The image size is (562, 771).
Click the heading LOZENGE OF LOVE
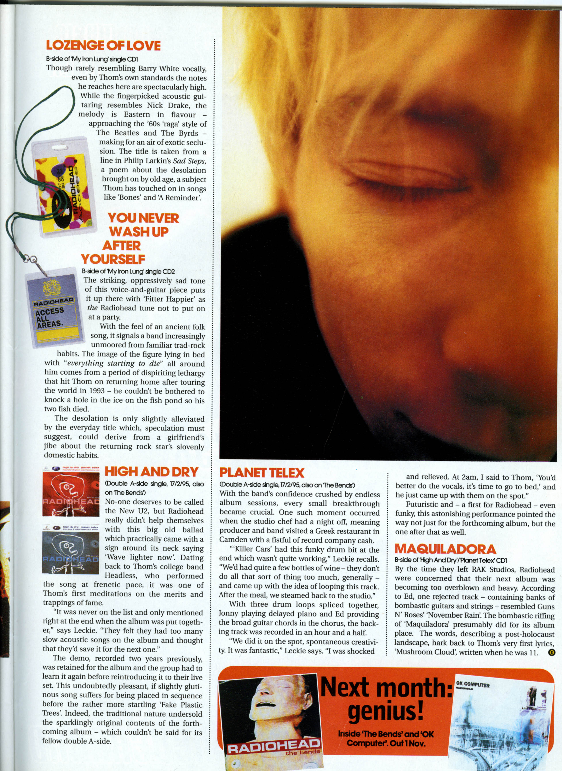click(103, 46)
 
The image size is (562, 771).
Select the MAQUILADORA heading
click(445, 549)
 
